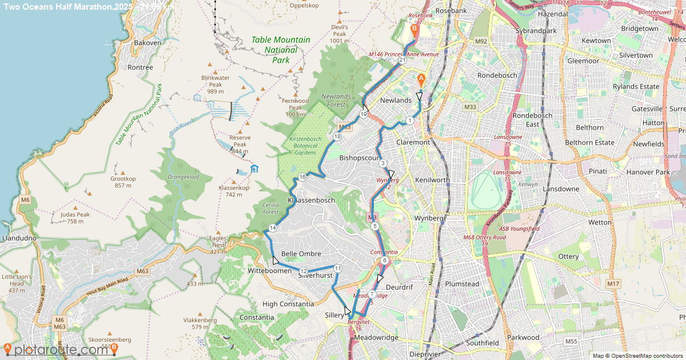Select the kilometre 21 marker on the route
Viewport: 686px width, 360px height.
(402, 60)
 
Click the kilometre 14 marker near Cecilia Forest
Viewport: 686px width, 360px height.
(273, 229)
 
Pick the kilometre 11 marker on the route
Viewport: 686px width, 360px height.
(337, 269)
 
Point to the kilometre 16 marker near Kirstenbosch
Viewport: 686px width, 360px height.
(302, 178)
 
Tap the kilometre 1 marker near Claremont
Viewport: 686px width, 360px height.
(410, 121)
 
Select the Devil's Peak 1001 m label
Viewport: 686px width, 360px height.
(339, 34)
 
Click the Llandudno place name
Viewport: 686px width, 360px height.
(19, 238)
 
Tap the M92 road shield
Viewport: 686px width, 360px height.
(480, 41)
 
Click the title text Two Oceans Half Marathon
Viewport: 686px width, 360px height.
(66, 6)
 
